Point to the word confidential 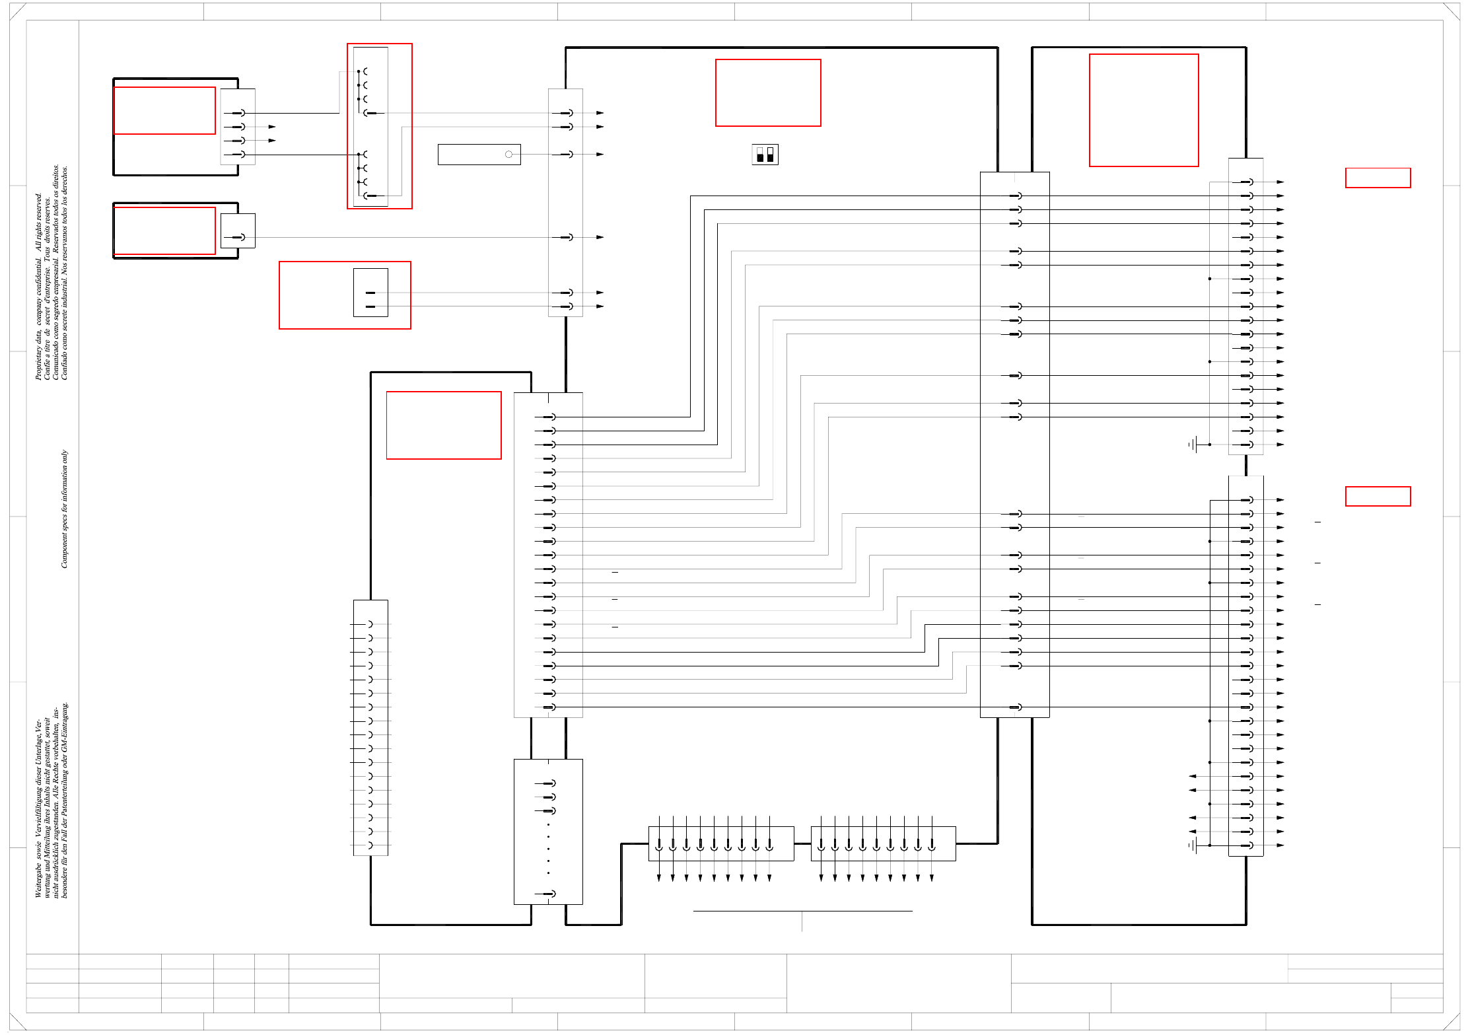(x=38, y=277)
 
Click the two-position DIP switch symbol (x=765, y=155)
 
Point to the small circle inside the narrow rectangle (x=508, y=155)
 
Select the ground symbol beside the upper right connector (x=1194, y=445)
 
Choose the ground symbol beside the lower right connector (x=1194, y=845)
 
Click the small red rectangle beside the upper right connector (x=1378, y=178)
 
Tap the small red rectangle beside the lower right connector (x=1378, y=496)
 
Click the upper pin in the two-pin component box (x=370, y=293)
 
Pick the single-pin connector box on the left (x=238, y=231)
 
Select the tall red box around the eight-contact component (x=380, y=125)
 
